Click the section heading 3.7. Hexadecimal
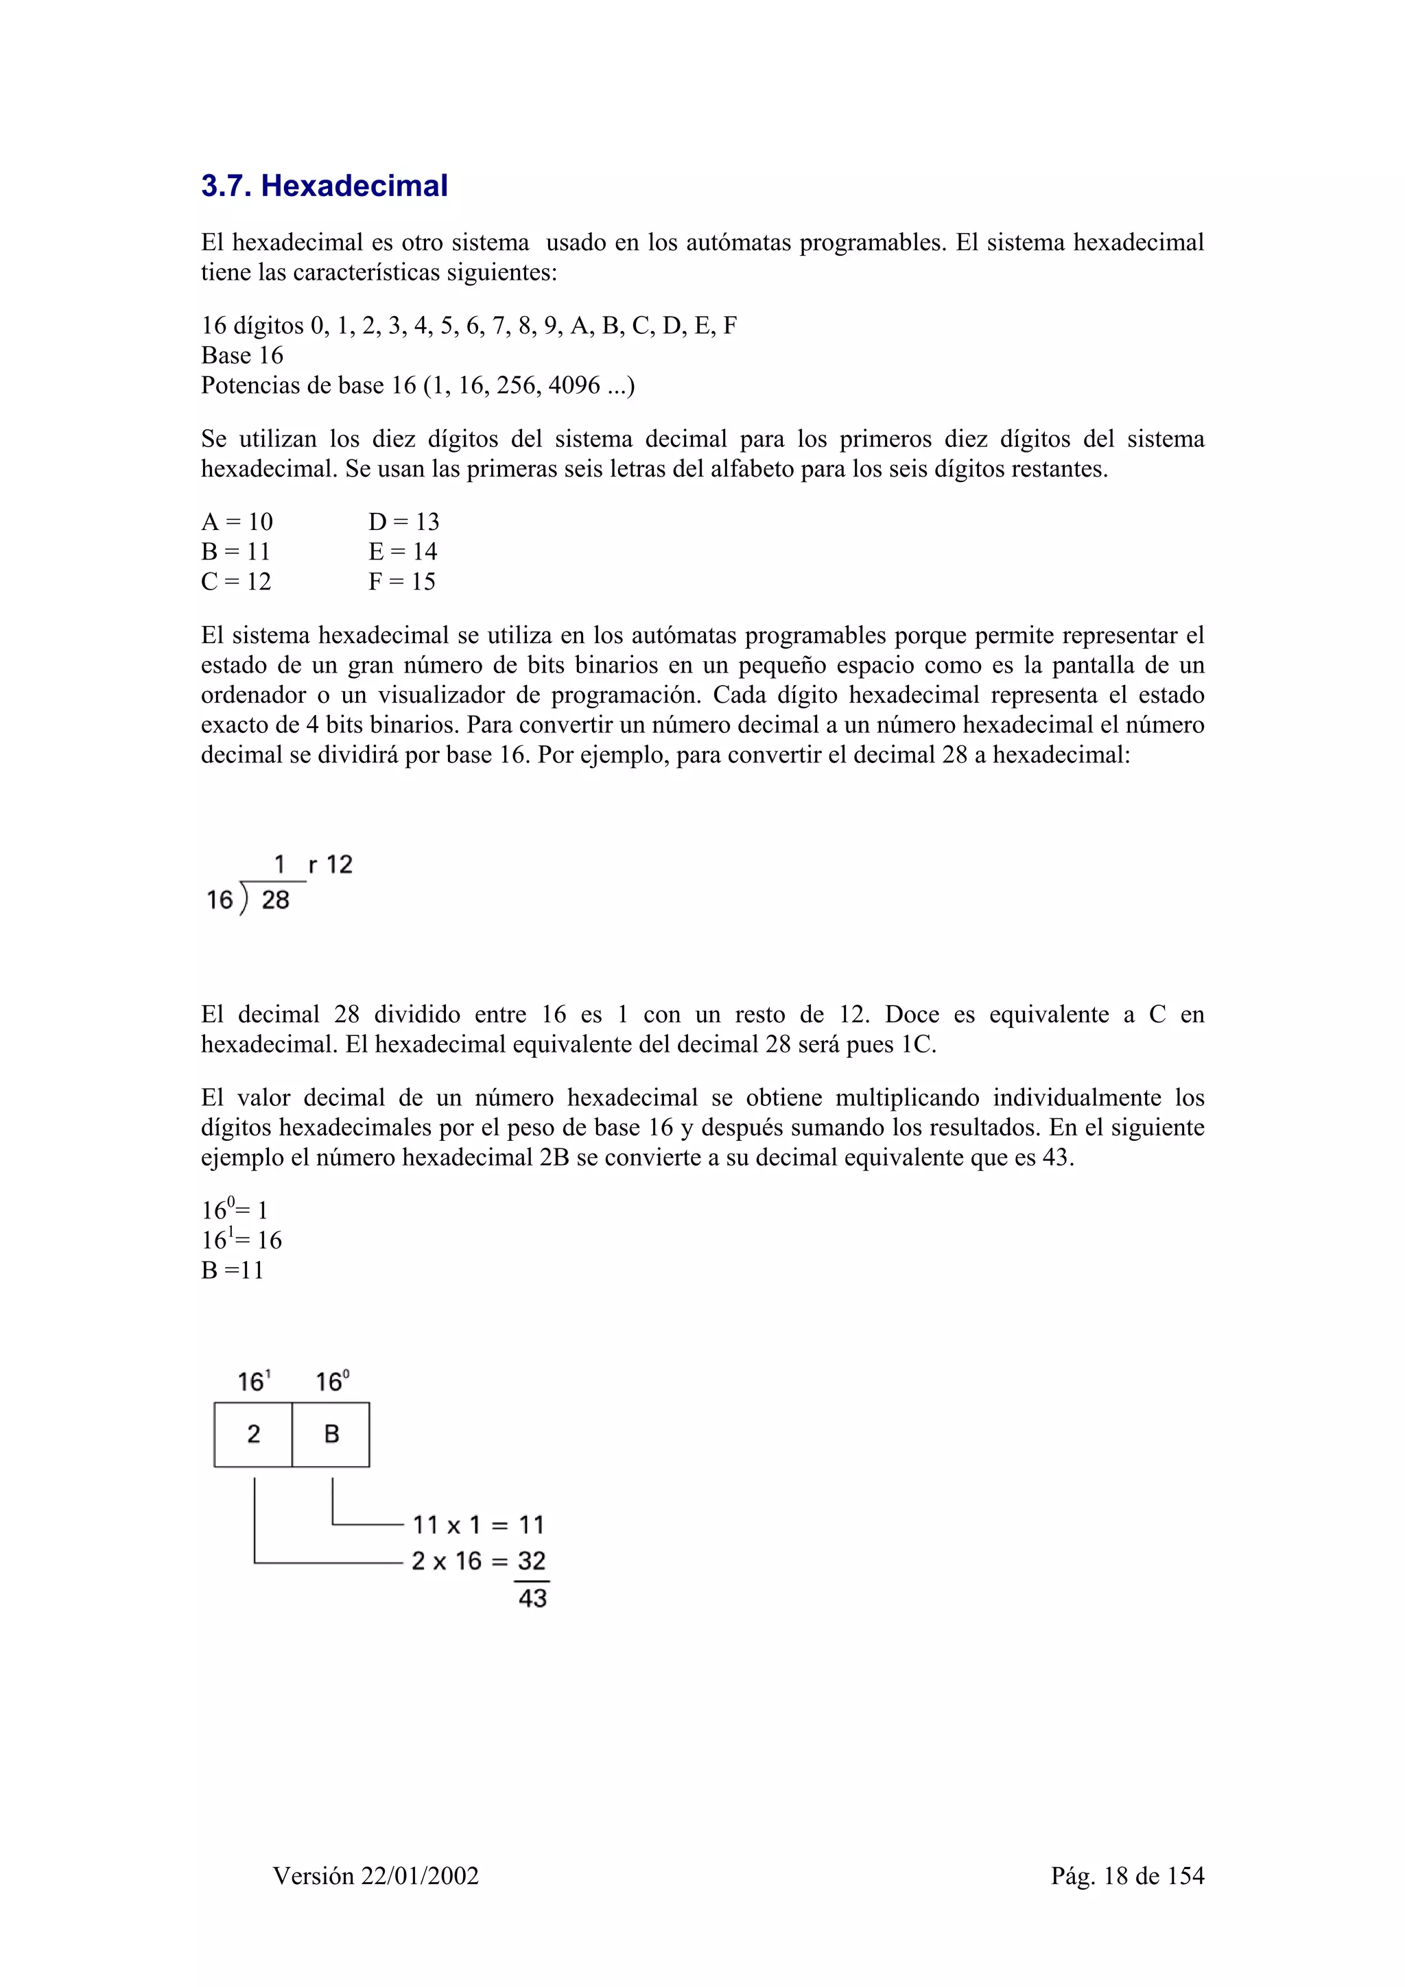click(324, 186)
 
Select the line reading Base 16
click(241, 356)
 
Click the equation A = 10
click(236, 522)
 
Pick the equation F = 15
click(402, 581)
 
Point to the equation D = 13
click(403, 522)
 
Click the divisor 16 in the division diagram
click(220, 901)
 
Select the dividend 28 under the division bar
click(275, 901)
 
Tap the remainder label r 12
click(331, 865)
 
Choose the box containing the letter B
click(331, 1435)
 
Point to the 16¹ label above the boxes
click(254, 1381)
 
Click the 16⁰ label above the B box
click(331, 1381)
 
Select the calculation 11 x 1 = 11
click(478, 1525)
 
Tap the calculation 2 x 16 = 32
click(478, 1561)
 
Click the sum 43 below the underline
click(532, 1598)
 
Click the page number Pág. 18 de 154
click(1127, 1875)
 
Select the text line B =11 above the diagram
click(232, 1271)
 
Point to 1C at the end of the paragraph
click(916, 1044)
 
